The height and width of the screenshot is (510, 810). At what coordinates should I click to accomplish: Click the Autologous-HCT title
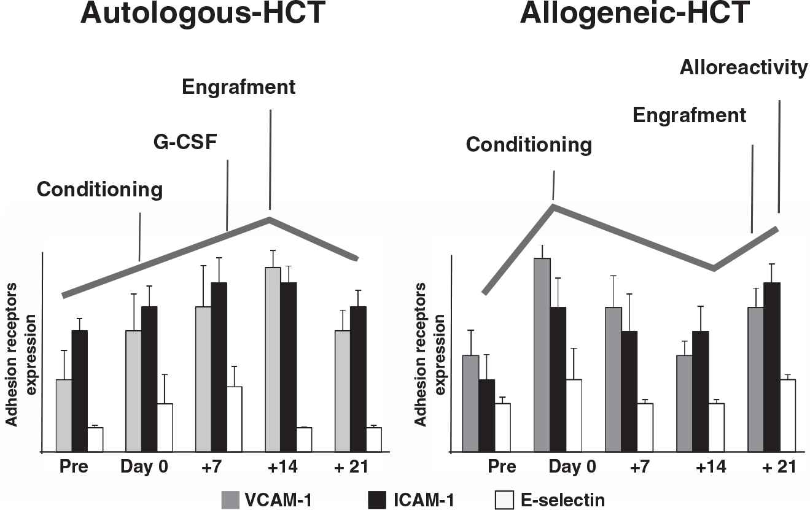tap(203, 14)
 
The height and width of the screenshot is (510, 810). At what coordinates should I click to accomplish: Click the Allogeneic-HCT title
tap(634, 14)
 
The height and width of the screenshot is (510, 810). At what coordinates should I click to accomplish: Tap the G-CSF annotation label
tap(185, 145)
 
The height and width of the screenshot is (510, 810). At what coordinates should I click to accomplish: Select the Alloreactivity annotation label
tap(744, 68)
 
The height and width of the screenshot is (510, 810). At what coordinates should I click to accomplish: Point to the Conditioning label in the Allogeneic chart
tap(529, 145)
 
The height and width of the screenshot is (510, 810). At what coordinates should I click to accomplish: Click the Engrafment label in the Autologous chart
tap(239, 87)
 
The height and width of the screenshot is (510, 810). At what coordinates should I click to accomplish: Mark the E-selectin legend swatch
tap(502, 500)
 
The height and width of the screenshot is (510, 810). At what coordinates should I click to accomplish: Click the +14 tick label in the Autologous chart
tap(282, 466)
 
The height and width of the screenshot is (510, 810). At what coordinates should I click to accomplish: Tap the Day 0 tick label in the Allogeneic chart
tap(572, 466)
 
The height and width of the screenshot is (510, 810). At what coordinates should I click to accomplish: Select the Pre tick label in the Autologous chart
tap(74, 466)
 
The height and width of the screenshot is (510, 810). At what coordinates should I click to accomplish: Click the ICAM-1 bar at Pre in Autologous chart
tap(80, 391)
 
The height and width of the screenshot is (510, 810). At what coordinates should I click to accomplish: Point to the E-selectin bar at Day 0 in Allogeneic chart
tap(574, 415)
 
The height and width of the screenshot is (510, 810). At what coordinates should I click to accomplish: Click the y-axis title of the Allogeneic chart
tap(430, 354)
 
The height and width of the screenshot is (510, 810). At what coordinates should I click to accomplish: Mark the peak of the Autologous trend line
tap(269, 218)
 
